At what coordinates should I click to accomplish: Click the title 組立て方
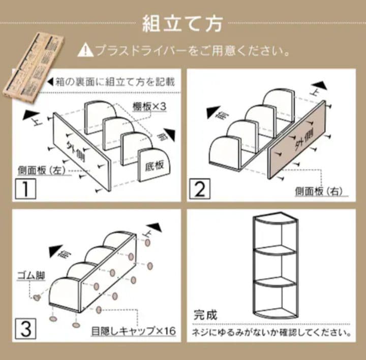[x=182, y=23]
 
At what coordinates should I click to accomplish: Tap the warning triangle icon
[x=85, y=51]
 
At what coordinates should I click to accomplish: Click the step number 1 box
[x=25, y=189]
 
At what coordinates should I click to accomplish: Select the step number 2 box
[x=200, y=189]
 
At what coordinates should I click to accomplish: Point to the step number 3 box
[x=25, y=329]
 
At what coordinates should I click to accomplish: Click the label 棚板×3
[x=149, y=107]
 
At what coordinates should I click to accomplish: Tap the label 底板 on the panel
[x=154, y=166]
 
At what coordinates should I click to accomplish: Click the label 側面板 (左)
[x=42, y=171]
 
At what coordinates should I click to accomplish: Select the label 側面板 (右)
[x=319, y=191]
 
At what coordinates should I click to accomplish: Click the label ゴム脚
[x=31, y=276]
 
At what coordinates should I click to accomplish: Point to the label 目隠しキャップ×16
[x=133, y=331]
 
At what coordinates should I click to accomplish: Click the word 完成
[x=205, y=315]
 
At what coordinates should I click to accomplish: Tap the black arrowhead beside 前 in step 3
[x=55, y=251]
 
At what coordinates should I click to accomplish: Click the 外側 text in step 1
[x=76, y=151]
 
